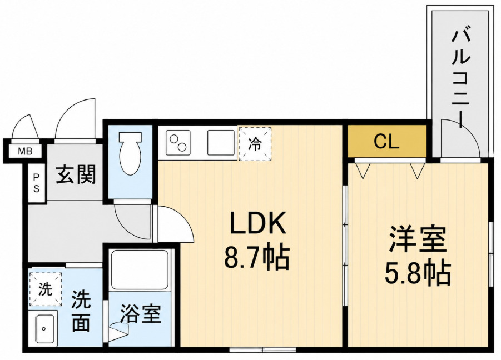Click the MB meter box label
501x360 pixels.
click(25, 151)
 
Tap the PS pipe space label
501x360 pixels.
click(37, 183)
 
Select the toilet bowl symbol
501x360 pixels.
click(130, 153)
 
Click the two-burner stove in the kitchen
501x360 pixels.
click(178, 143)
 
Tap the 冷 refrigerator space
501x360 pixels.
click(255, 144)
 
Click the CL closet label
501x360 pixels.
click(386, 141)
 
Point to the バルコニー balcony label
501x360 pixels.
click(461, 78)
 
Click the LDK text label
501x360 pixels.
click(257, 223)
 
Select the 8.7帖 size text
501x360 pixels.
click(257, 258)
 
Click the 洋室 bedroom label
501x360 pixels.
click(417, 239)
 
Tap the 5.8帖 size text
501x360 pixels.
click(418, 274)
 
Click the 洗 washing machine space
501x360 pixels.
click(46, 289)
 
